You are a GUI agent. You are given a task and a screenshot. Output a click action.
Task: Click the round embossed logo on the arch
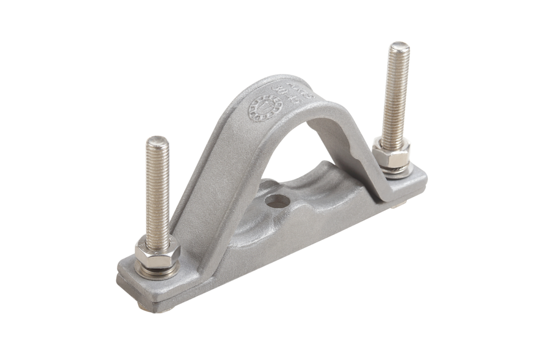266,109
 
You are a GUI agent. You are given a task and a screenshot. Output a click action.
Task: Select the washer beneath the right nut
394,169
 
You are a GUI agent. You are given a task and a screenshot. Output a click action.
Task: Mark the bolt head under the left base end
148,306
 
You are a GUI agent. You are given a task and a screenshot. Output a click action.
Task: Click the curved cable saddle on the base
296,211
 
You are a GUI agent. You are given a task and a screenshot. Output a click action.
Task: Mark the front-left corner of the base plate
123,280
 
